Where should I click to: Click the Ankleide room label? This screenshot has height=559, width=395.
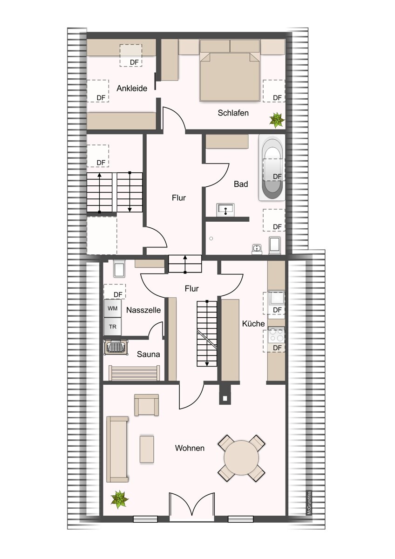(x=132, y=89)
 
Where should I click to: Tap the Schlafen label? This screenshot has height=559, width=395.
(x=233, y=113)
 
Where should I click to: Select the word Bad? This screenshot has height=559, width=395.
(x=241, y=184)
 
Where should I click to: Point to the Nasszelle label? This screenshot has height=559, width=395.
(x=143, y=310)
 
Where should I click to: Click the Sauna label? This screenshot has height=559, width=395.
(x=148, y=354)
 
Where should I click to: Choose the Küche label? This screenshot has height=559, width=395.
(x=253, y=324)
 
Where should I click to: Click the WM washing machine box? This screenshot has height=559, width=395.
(x=113, y=308)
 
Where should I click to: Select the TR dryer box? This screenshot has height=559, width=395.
(x=113, y=327)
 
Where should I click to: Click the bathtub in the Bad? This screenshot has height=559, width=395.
(x=272, y=168)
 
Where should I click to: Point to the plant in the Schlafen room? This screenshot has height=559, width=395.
(x=277, y=120)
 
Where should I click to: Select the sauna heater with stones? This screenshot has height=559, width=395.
(x=116, y=347)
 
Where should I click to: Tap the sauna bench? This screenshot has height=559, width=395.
(x=134, y=373)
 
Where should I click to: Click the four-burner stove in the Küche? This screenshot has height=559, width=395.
(x=276, y=334)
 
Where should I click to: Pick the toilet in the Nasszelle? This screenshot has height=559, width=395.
(x=119, y=269)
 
